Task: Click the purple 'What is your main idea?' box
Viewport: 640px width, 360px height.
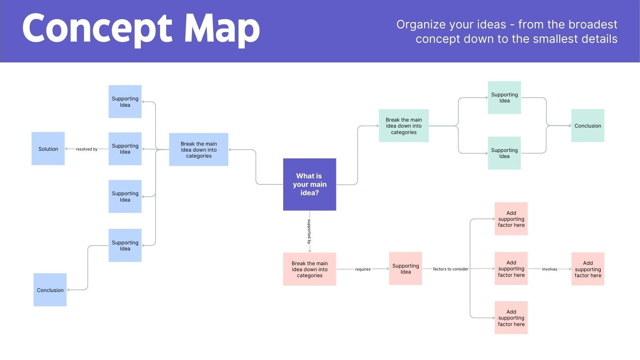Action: click(x=309, y=184)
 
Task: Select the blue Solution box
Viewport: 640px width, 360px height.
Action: click(x=48, y=149)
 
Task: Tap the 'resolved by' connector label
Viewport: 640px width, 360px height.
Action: click(x=86, y=149)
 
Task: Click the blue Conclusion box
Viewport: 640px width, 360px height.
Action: click(x=50, y=290)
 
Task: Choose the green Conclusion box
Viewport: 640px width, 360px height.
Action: click(x=588, y=126)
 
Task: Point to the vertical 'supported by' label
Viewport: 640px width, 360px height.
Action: click(x=309, y=232)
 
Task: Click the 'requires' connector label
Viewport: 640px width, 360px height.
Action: click(x=362, y=269)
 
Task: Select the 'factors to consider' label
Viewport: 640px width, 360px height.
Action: click(x=450, y=269)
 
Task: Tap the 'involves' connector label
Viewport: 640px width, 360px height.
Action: click(x=549, y=269)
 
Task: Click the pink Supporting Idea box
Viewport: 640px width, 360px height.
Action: click(x=406, y=268)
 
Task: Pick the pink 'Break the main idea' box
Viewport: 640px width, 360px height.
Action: click(x=309, y=269)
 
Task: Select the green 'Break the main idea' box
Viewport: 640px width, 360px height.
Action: click(x=404, y=126)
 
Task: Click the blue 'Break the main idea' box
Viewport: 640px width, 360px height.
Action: click(x=198, y=150)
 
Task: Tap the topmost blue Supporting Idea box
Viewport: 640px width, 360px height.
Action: click(x=125, y=102)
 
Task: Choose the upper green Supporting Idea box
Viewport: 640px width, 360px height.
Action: click(x=504, y=98)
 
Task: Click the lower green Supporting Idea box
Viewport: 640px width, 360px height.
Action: click(x=504, y=153)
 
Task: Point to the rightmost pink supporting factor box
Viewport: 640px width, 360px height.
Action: click(x=588, y=269)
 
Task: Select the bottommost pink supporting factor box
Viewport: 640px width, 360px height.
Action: click(x=511, y=318)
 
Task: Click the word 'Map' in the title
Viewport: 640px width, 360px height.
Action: click(x=222, y=29)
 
